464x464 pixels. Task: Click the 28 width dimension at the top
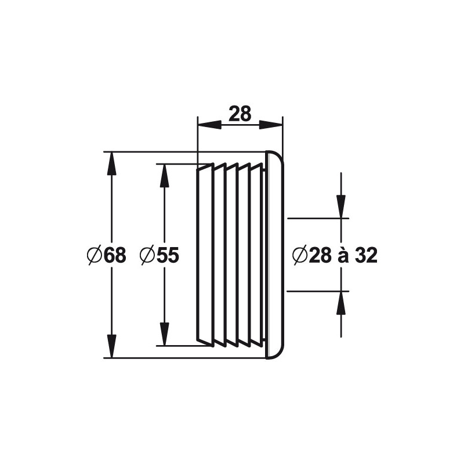pos(240,114)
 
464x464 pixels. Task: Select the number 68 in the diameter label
pos(115,255)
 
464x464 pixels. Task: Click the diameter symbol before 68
pos(95,255)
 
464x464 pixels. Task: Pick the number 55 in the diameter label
pos(168,255)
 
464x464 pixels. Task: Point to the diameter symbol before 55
pos(147,255)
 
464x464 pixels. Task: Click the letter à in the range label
pos(343,255)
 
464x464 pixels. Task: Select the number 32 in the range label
pos(366,255)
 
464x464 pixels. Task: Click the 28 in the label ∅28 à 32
pos(320,255)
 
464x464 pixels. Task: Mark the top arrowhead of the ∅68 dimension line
pos(111,162)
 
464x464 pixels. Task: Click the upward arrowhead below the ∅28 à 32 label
pos(341,302)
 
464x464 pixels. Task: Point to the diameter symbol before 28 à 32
pos(299,255)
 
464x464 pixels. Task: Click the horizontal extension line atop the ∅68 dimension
pos(186,152)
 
